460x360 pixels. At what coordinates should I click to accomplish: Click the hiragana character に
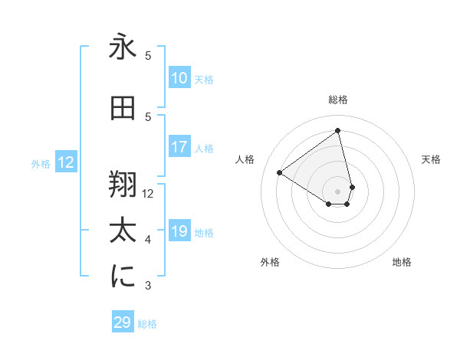pos(123,277)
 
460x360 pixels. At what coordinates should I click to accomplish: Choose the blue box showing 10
pos(179,78)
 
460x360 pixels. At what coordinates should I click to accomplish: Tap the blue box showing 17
pos(179,147)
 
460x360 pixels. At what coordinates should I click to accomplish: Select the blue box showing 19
pos(179,231)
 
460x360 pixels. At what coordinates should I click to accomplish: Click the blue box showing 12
pos(66,162)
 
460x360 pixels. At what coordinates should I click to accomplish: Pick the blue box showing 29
pos(123,322)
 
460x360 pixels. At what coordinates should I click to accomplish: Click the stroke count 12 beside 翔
pos(148,194)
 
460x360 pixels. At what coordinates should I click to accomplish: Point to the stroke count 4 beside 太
pos(148,240)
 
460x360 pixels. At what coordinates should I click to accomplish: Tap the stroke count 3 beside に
pos(148,286)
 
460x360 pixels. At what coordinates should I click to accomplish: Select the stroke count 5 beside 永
pos(148,56)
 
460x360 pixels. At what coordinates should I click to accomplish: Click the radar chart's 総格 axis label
pos(338,100)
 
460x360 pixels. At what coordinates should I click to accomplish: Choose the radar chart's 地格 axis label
pos(402,262)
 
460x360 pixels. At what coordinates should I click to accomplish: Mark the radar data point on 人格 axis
pos(279,173)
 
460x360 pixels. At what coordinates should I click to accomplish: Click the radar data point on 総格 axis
pos(338,129)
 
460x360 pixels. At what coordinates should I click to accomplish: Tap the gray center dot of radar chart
pos(338,191)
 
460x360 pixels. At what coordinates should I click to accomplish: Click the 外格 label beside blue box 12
pos(41,163)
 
